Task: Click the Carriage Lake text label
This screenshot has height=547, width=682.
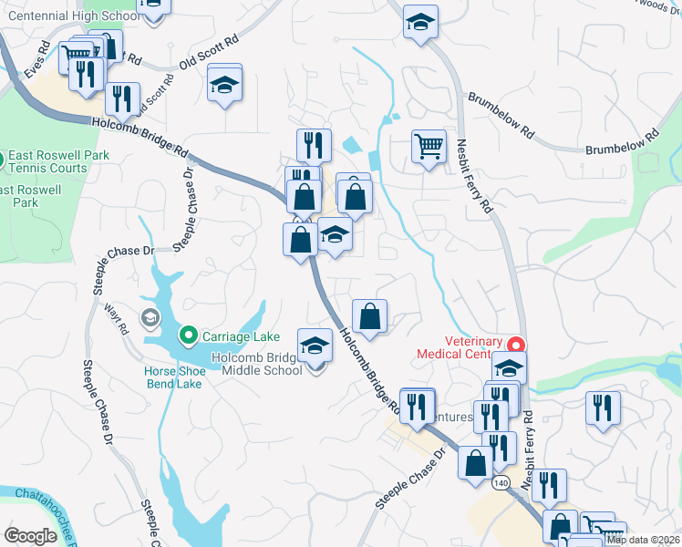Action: pos(241,336)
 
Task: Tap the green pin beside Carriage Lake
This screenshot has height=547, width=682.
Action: pos(189,336)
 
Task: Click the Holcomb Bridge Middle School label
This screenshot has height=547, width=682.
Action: pos(257,365)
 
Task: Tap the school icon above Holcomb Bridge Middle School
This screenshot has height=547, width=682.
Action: pos(315,346)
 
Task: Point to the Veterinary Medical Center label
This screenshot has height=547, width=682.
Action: pos(460,347)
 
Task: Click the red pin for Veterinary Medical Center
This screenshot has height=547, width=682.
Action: pos(516,346)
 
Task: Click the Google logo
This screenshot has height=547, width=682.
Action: pos(30,535)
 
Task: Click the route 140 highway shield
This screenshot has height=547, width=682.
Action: pos(501,480)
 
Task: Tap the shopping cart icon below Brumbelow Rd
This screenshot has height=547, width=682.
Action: pos(429,146)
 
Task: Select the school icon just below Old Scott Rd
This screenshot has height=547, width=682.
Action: pos(224,86)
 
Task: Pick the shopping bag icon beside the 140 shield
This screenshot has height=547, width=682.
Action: pos(475,463)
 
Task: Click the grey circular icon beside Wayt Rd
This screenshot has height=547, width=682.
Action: pos(150,317)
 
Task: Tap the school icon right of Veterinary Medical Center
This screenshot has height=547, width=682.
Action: pos(509,369)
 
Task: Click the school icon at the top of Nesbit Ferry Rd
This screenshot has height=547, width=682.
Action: pos(420,23)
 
